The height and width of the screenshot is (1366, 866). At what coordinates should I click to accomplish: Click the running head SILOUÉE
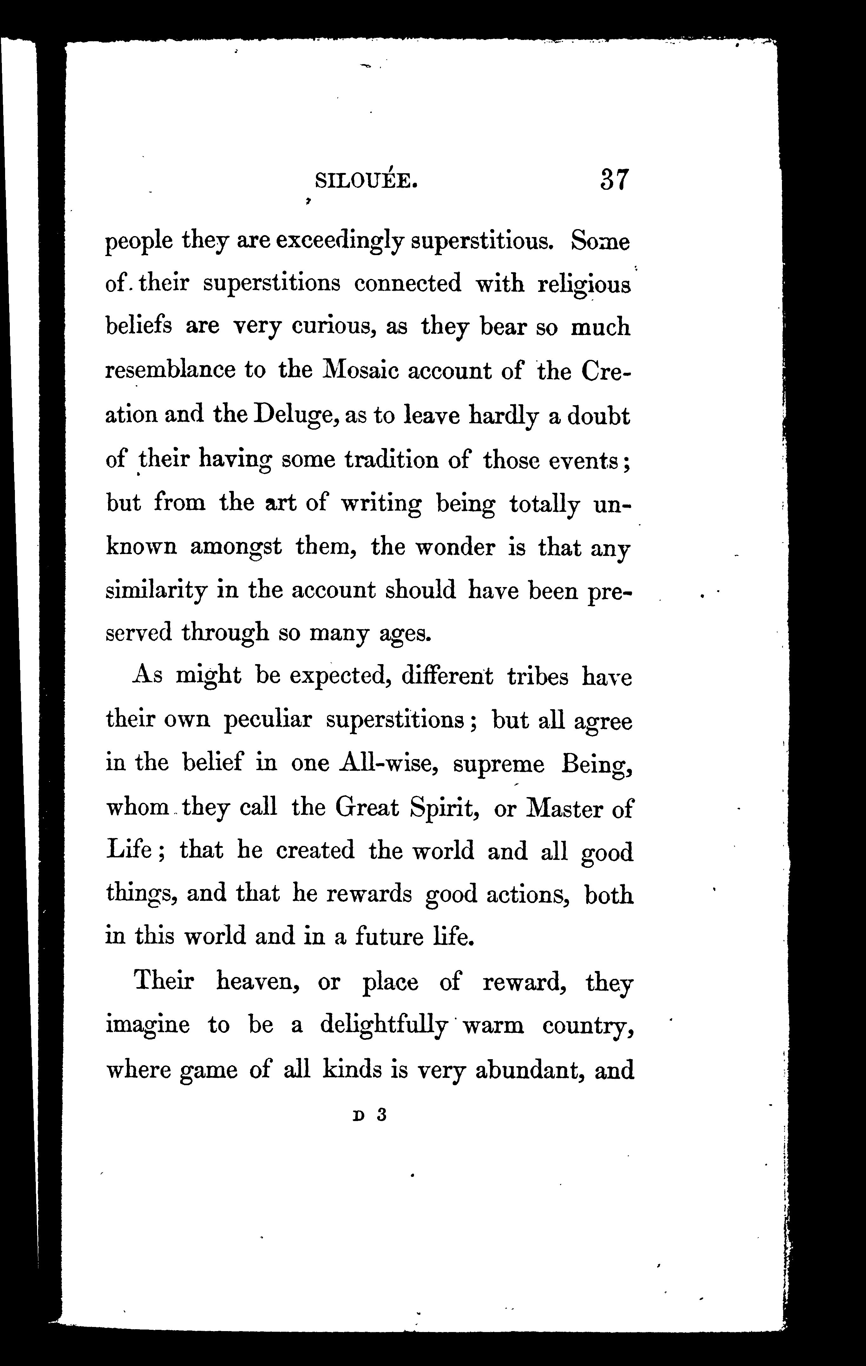pyautogui.click(x=366, y=181)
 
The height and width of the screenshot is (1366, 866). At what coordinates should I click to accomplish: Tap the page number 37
pyautogui.click(x=613, y=181)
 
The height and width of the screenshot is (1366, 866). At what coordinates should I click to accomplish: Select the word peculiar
pyautogui.click(x=268, y=720)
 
